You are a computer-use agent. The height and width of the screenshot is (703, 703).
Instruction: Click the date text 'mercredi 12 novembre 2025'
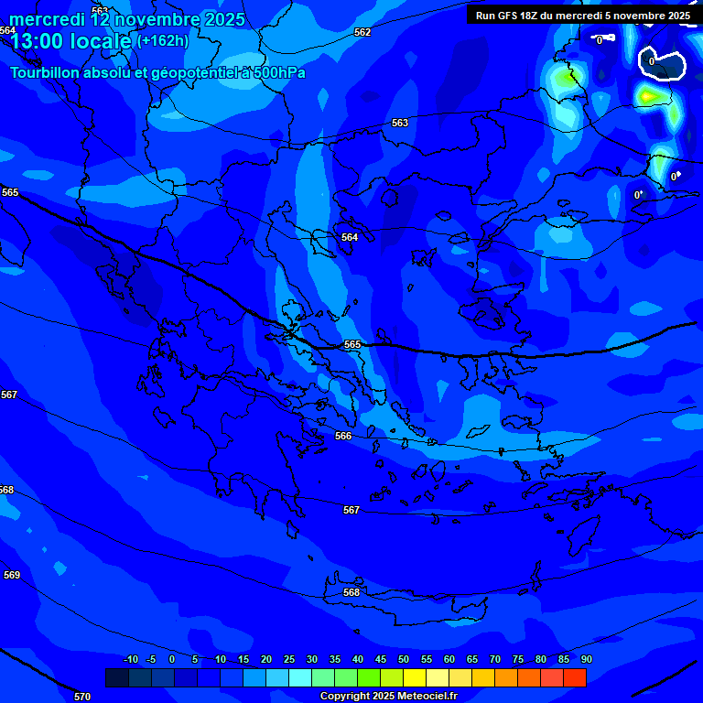pyautogui.click(x=126, y=19)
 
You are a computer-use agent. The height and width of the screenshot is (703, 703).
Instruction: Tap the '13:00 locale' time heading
pyautogui.click(x=71, y=41)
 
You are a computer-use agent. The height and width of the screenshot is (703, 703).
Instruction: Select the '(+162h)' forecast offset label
pyautogui.click(x=163, y=40)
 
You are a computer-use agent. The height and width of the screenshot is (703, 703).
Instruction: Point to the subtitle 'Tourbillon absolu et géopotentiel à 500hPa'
pyautogui.click(x=157, y=72)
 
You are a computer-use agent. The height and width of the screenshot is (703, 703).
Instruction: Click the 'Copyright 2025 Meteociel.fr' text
pyautogui.click(x=388, y=696)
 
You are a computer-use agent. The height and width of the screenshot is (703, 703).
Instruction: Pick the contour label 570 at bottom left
pyautogui.click(x=82, y=697)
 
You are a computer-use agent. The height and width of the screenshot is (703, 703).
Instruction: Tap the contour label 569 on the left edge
pyautogui.click(x=11, y=575)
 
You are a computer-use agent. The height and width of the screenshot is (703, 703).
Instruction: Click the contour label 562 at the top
pyautogui.click(x=362, y=32)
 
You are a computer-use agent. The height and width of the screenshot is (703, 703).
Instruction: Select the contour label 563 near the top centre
pyautogui.click(x=400, y=123)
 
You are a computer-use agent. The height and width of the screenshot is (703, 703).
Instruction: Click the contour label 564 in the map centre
pyautogui.click(x=350, y=237)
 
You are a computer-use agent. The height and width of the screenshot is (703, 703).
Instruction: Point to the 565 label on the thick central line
pyautogui.click(x=352, y=344)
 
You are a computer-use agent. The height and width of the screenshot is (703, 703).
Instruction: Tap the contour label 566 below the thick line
pyautogui.click(x=343, y=436)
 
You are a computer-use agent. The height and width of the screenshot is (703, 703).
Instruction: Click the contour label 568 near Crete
pyautogui.click(x=351, y=592)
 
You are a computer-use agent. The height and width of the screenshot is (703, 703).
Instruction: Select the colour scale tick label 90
pyautogui.click(x=586, y=660)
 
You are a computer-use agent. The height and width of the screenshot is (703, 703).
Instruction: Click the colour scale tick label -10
pyautogui.click(x=130, y=660)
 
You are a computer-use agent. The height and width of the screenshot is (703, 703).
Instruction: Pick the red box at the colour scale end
pyautogui.click(x=574, y=677)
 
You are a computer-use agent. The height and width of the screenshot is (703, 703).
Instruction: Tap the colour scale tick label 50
pyautogui.click(x=404, y=660)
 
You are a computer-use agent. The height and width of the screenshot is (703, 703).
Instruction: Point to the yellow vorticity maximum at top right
pyautogui.click(x=649, y=95)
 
